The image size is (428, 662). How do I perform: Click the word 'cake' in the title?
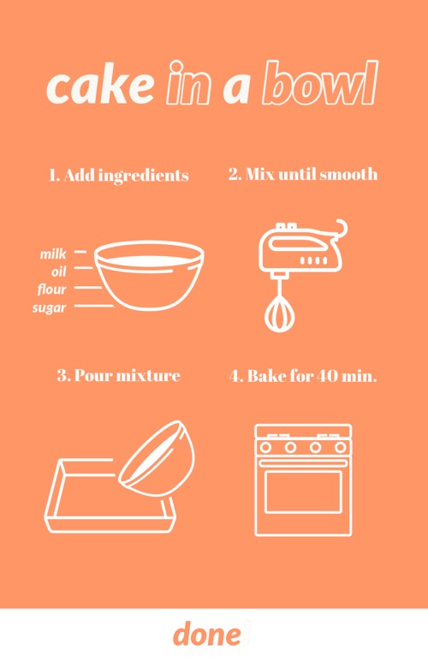click(100, 85)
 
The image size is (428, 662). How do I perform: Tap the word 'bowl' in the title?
click(319, 83)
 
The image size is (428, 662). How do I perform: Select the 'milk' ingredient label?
click(53, 253)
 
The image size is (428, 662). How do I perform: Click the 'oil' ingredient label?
click(59, 271)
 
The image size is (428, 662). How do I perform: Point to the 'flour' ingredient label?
click(52, 289)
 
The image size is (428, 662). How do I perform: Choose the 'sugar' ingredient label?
click(50, 307)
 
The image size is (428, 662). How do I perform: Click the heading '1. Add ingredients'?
click(119, 176)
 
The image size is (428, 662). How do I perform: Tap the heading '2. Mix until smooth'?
click(303, 174)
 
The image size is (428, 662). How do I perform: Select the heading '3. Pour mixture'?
click(119, 375)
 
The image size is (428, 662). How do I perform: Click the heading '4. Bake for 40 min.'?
click(303, 375)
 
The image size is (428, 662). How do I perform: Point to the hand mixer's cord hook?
click(341, 230)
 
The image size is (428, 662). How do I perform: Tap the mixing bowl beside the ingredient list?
click(149, 275)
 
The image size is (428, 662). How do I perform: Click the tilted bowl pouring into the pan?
click(157, 458)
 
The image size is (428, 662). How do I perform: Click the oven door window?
click(303, 492)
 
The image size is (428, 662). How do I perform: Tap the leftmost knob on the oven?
click(265, 447)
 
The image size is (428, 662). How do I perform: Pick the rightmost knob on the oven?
click(340, 447)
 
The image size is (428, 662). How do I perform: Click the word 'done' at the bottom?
click(207, 634)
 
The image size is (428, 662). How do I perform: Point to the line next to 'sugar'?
click(94, 306)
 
